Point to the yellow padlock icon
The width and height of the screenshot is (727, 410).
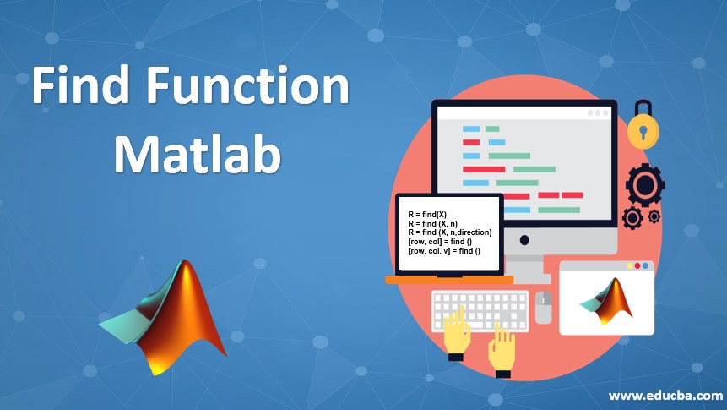click(x=643, y=128)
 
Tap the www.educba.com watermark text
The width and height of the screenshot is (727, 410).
click(x=665, y=396)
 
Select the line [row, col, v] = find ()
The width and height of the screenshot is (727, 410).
click(x=444, y=252)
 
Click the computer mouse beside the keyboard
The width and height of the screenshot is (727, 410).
click(x=543, y=307)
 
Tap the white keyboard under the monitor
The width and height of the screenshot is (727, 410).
click(x=480, y=310)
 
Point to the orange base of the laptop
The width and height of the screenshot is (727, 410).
click(x=448, y=279)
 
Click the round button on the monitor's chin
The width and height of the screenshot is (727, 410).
click(x=524, y=240)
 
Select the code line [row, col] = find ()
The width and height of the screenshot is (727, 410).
click(x=440, y=243)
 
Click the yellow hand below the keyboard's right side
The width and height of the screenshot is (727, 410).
click(x=502, y=349)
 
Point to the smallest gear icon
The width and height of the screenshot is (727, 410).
click(x=654, y=216)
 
